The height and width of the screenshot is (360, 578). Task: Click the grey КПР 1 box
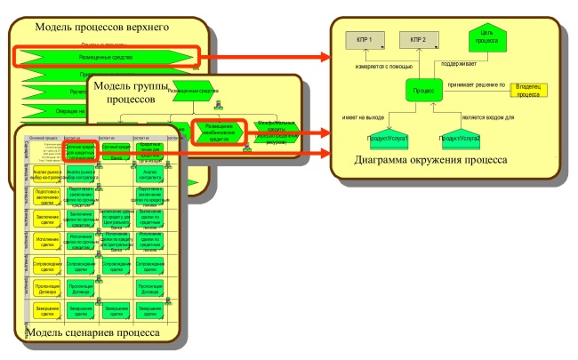(364, 40)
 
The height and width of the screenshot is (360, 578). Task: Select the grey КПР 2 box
(418, 40)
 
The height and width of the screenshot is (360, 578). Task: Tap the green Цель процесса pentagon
(487, 36)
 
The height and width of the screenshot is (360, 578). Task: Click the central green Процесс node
(425, 91)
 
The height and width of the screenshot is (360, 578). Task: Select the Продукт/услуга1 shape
(386, 140)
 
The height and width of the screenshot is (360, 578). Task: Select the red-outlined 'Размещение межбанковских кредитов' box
(216, 132)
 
